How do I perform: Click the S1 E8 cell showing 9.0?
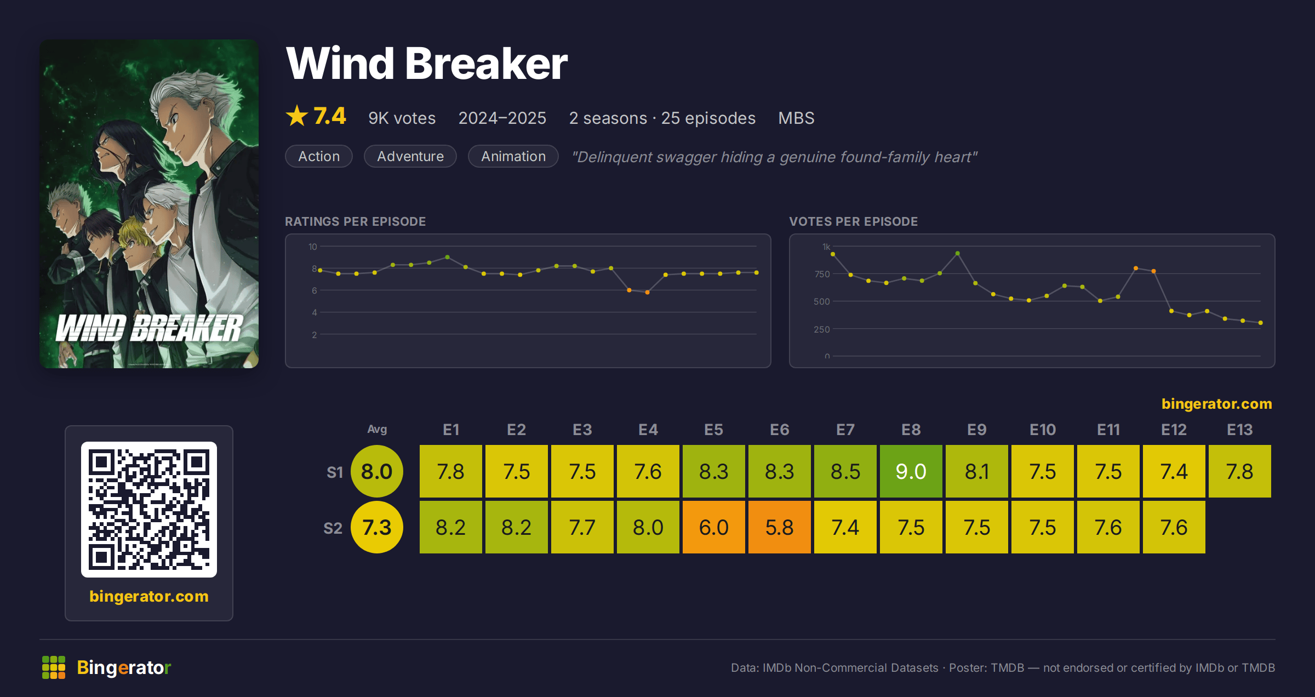(911, 471)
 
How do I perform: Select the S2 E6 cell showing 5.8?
(779, 527)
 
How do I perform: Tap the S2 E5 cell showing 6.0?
(713, 527)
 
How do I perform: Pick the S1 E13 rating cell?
(1239, 471)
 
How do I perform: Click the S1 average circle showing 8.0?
(377, 471)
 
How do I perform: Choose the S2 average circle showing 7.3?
(377, 527)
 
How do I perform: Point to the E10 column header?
(1042, 430)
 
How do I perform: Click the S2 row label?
(333, 528)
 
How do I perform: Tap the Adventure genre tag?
(410, 156)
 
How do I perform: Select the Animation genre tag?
(513, 156)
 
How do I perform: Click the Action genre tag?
(319, 156)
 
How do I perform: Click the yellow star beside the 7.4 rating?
(297, 116)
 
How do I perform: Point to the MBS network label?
(796, 118)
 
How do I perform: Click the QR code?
(149, 510)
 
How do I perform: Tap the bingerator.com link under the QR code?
(149, 596)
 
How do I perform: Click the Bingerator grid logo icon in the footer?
(54, 667)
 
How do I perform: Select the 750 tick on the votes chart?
(822, 274)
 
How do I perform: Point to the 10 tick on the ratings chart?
(312, 247)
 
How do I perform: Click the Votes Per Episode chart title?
(853, 221)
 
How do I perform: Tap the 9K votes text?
(402, 118)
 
